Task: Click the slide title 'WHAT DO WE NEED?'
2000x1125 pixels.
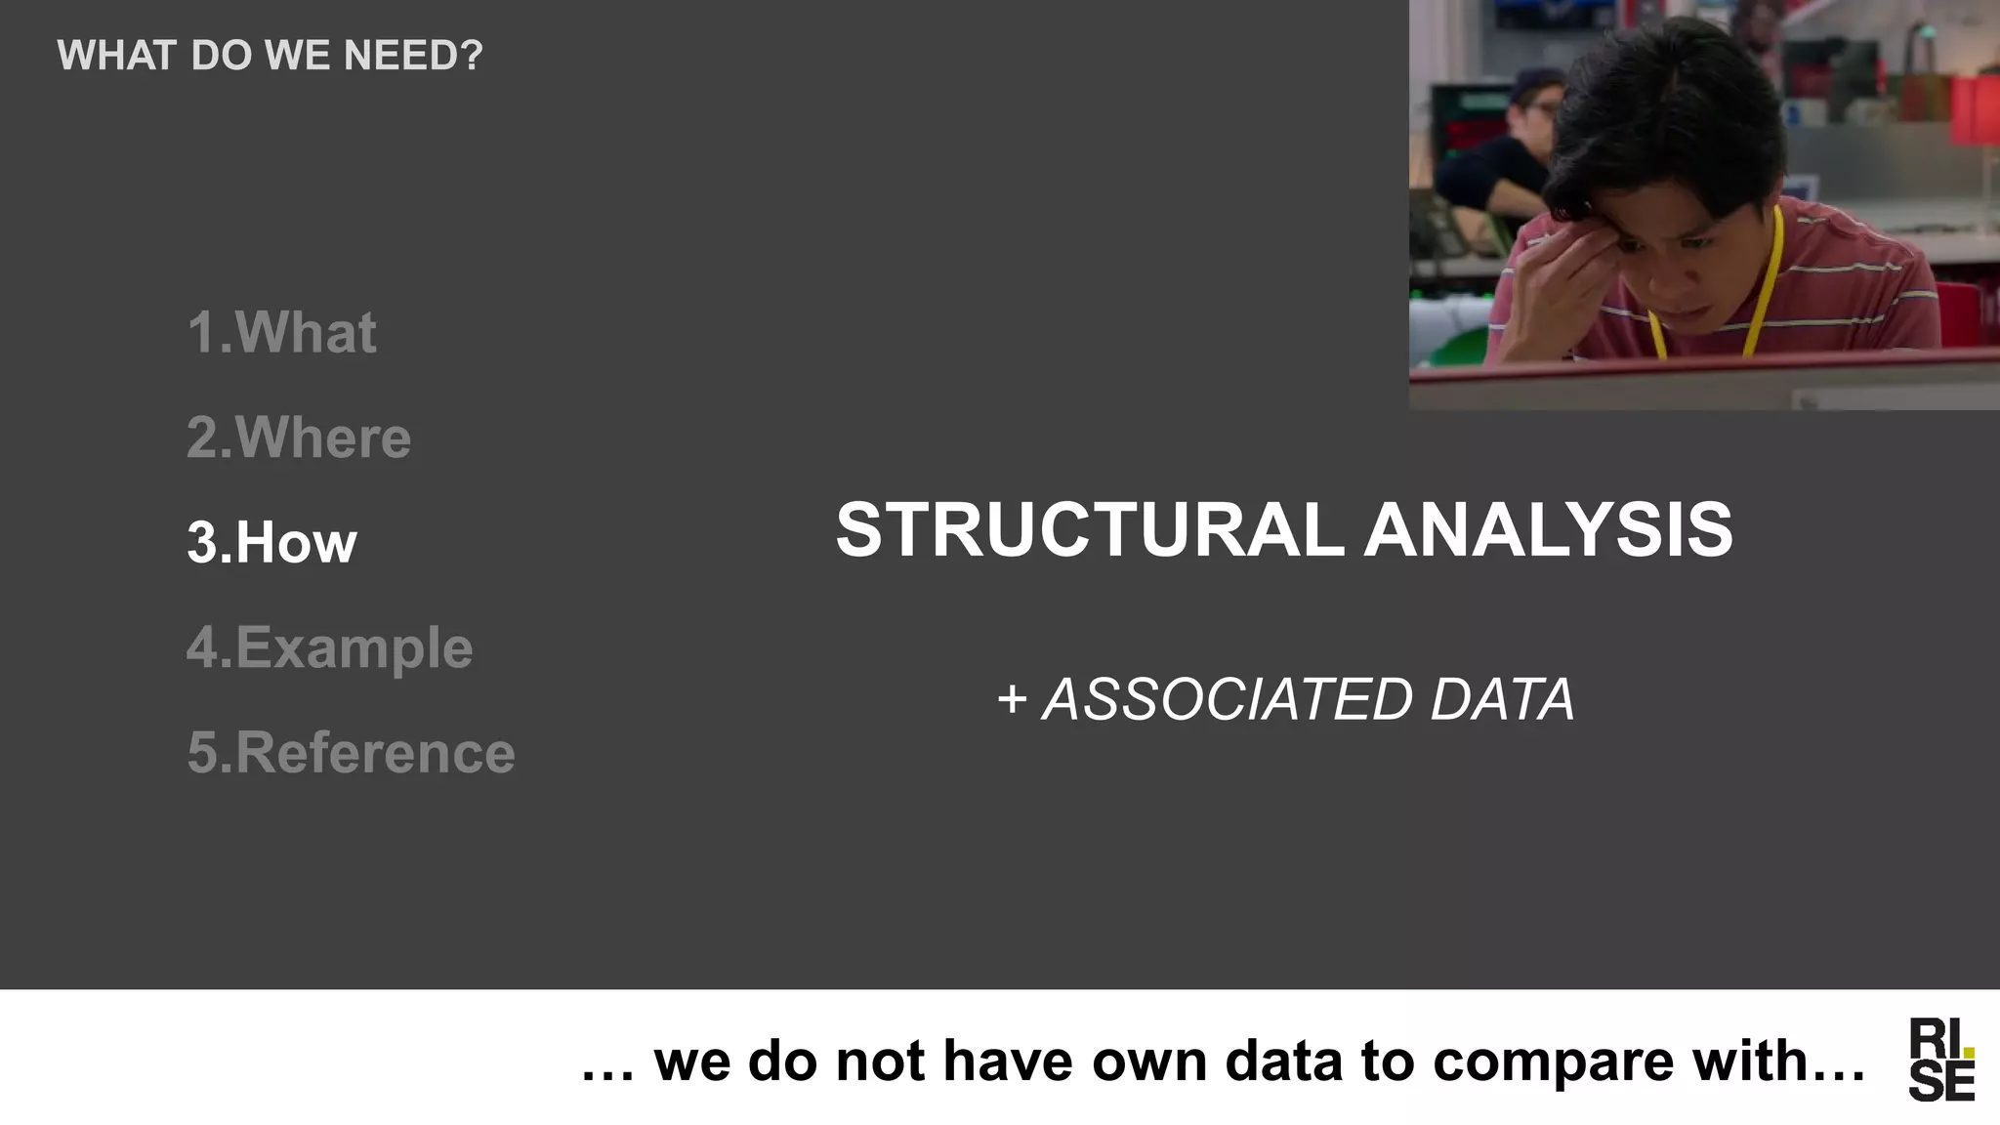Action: [270, 56]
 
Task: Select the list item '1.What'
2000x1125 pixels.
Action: [281, 332]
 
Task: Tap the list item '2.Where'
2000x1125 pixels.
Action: [299, 437]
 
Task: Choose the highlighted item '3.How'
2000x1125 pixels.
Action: [271, 542]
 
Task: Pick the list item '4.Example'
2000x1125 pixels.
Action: [330, 647]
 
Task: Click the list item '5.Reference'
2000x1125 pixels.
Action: [351, 753]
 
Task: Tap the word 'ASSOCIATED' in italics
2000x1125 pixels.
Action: [1228, 699]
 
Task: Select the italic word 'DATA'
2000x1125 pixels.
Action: [1502, 699]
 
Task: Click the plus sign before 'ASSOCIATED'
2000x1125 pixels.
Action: [1012, 700]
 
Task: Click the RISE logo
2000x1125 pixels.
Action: [1941, 1060]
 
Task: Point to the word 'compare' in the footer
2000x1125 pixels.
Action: [1554, 1062]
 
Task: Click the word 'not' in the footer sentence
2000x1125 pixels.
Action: [880, 1062]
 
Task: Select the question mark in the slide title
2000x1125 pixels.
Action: [472, 56]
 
